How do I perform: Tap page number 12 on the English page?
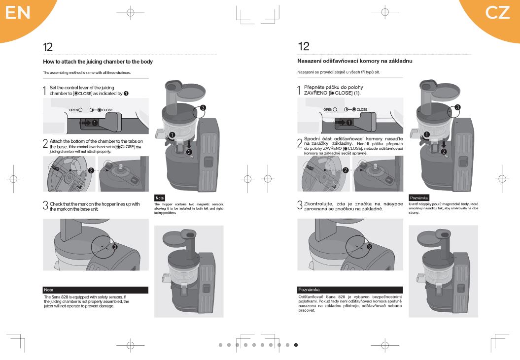(x=48, y=47)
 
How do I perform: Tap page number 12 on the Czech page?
(x=304, y=46)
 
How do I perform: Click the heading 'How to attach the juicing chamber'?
(x=98, y=62)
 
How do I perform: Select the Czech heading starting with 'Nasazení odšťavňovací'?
(x=354, y=61)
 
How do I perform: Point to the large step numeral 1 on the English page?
(x=44, y=91)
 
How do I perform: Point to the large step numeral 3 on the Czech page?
(x=300, y=205)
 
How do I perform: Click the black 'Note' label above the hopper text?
(x=160, y=198)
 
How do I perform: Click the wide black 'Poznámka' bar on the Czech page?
(x=350, y=290)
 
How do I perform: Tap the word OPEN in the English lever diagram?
(x=73, y=110)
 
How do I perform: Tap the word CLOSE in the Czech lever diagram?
(x=362, y=109)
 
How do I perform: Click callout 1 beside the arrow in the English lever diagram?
(x=95, y=123)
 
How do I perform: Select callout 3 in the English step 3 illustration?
(x=115, y=247)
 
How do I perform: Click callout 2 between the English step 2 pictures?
(x=91, y=171)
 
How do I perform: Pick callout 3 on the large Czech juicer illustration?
(x=457, y=107)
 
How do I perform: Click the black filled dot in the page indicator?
(x=296, y=345)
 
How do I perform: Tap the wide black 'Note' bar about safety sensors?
(x=96, y=290)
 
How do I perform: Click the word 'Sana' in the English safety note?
(x=56, y=297)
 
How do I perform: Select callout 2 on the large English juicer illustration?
(x=189, y=152)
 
